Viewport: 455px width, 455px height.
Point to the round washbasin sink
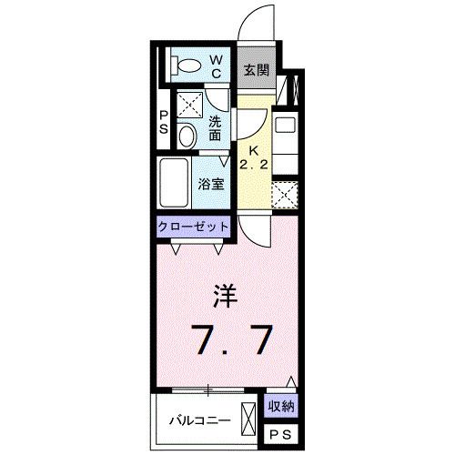click(187, 136)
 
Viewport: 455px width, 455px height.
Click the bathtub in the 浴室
click(175, 184)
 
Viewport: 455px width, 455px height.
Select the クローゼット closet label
click(195, 227)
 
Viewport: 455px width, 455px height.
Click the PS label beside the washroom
click(164, 121)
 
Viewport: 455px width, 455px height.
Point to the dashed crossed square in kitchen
click(285, 195)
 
